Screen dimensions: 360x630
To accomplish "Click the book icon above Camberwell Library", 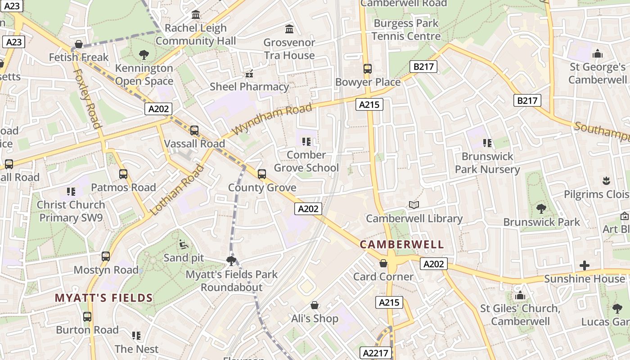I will point(414,205).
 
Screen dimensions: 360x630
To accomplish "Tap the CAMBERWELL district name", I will point(402,245).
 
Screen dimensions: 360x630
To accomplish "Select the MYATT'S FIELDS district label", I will point(104,298).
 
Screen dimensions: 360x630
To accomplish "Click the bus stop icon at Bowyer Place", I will point(368,69).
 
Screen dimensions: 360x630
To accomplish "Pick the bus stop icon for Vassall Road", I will point(194,130).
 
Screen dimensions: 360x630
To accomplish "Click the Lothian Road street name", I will point(176,190).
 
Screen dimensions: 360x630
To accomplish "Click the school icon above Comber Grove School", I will point(306,142).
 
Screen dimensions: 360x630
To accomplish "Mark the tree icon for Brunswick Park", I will point(541,209).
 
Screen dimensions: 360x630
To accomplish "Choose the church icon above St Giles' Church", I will point(520,296).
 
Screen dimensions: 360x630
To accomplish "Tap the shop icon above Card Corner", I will point(383,263).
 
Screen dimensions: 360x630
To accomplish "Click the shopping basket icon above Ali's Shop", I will point(315,306).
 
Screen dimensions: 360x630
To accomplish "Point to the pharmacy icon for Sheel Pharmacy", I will point(249,73).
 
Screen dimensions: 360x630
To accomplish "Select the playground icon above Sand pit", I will point(184,244).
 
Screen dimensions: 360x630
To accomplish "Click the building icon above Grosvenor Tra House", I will point(289,29).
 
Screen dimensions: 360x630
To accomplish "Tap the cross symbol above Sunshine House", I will point(585,265).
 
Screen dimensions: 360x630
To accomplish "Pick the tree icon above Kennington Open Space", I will point(144,55).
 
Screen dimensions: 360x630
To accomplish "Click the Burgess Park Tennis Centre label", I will point(406,30).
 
